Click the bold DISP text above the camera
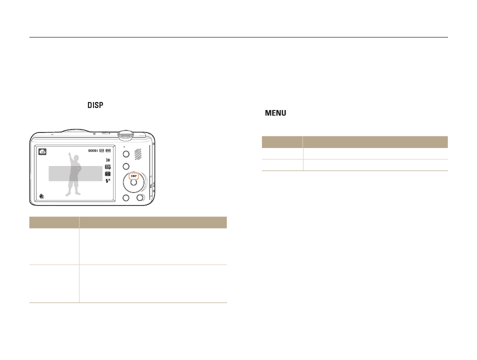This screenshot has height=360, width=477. click(95, 105)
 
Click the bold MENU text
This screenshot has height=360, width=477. click(275, 113)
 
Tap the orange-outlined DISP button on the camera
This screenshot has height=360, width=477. click(133, 176)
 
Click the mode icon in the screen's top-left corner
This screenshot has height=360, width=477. click(42, 151)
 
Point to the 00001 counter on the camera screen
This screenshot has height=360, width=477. click(93, 150)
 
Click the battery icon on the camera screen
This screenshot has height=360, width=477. click(108, 150)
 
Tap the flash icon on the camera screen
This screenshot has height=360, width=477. click(107, 181)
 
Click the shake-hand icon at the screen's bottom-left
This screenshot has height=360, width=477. click(41, 196)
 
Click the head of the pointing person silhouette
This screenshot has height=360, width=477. click(76, 158)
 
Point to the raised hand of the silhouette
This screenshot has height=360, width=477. click(69, 153)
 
